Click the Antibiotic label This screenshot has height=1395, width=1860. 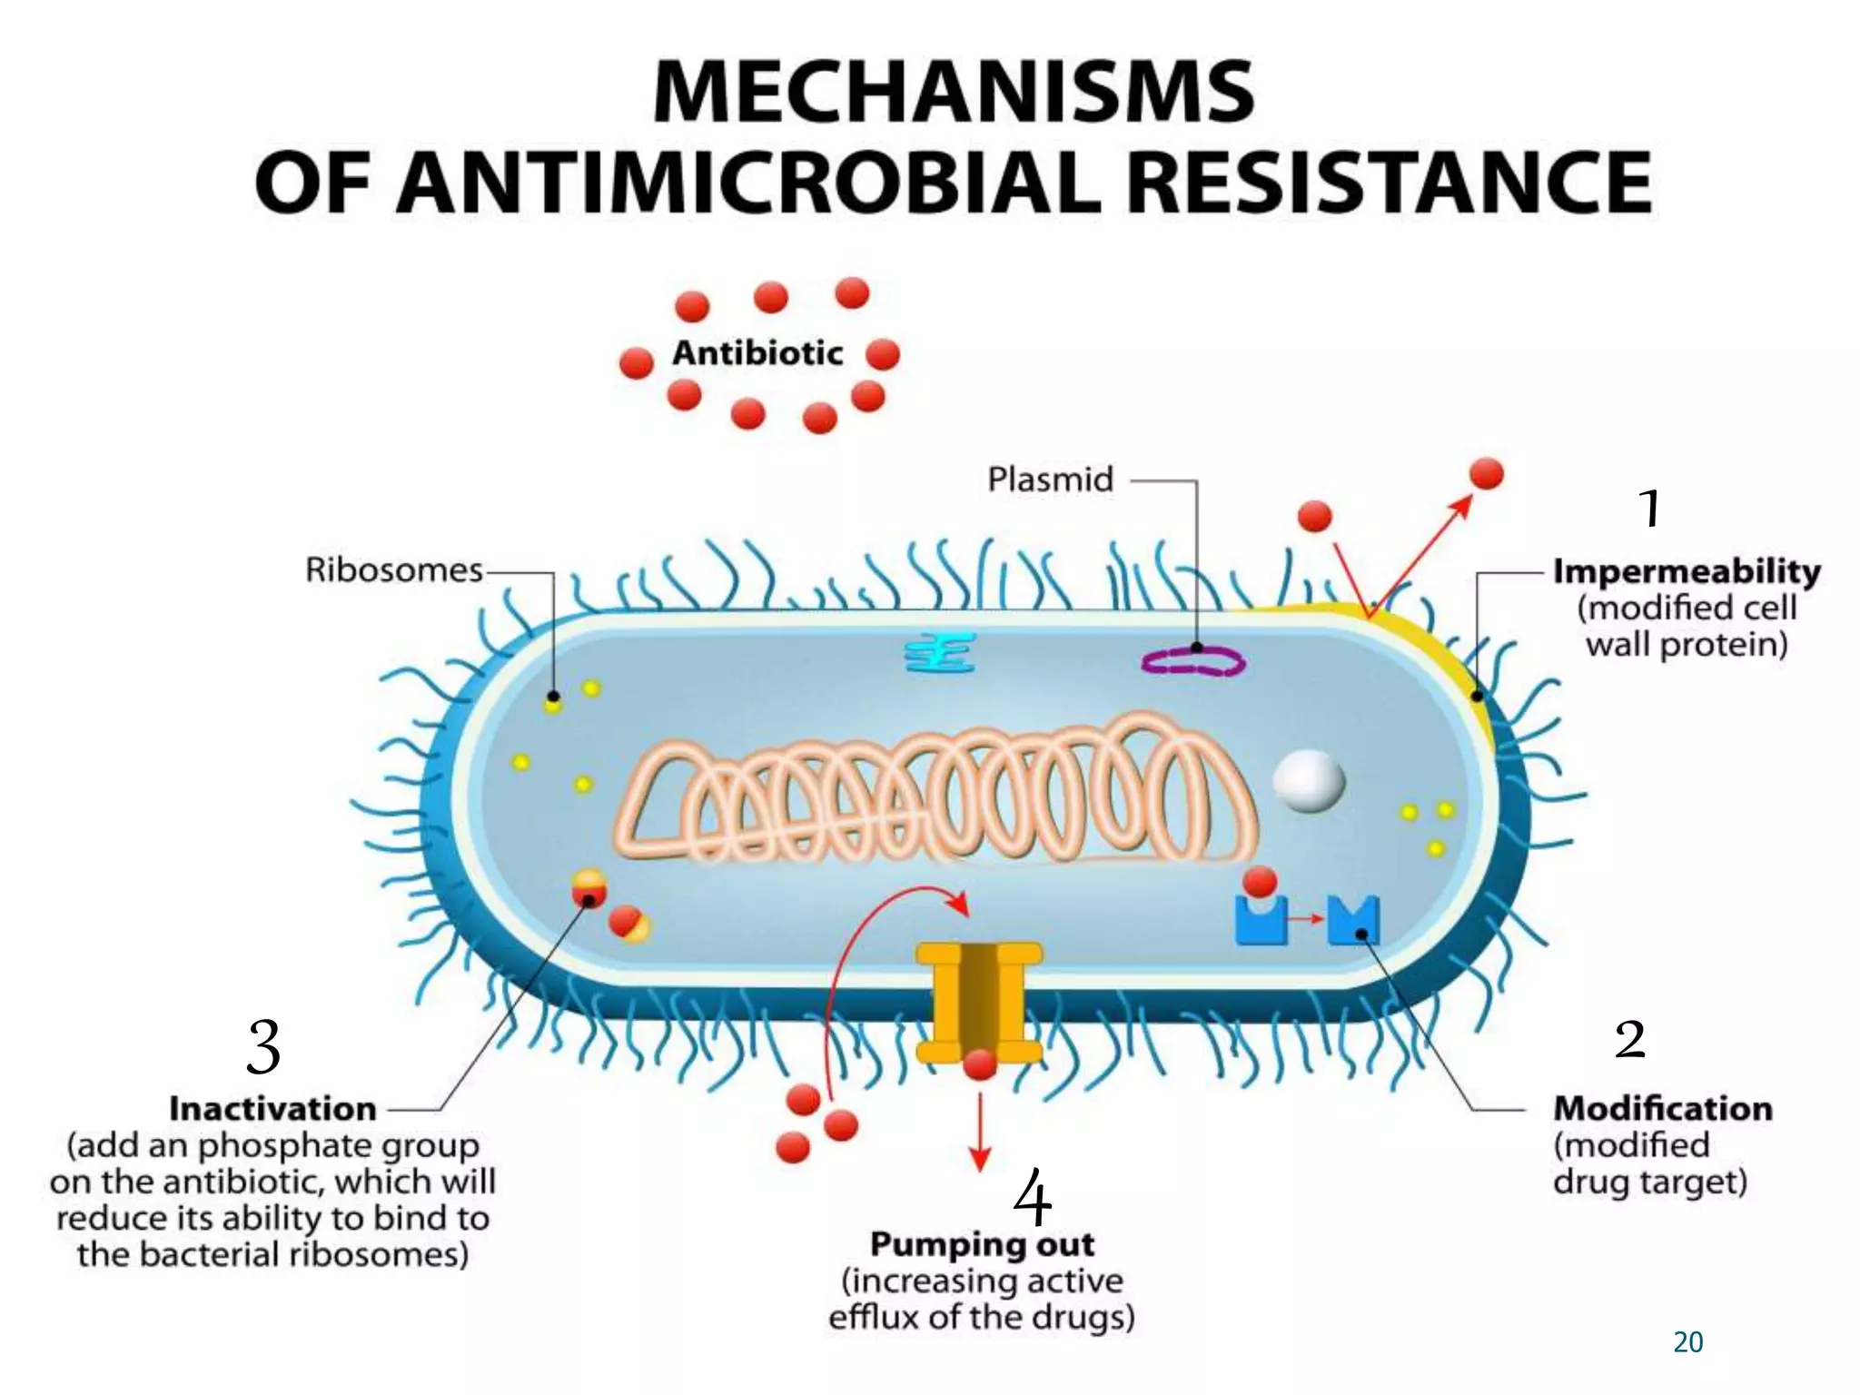[x=757, y=353]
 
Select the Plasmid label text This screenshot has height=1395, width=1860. [x=1050, y=480]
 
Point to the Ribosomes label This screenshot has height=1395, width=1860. [x=393, y=570]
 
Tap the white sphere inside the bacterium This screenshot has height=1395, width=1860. [x=1308, y=779]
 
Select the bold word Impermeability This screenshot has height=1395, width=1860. [x=1687, y=571]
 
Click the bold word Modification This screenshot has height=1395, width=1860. [x=1663, y=1108]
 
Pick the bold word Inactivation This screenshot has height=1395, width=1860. [x=272, y=1109]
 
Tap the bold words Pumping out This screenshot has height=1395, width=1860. [x=982, y=1244]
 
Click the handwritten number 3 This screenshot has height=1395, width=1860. [x=263, y=1046]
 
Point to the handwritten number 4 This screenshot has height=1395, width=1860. [x=1032, y=1198]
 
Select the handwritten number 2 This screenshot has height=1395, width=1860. [x=1630, y=1039]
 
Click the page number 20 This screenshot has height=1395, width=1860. [x=1687, y=1342]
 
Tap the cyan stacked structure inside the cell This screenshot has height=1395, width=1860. [x=940, y=653]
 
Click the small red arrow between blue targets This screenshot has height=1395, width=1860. [x=1306, y=919]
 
